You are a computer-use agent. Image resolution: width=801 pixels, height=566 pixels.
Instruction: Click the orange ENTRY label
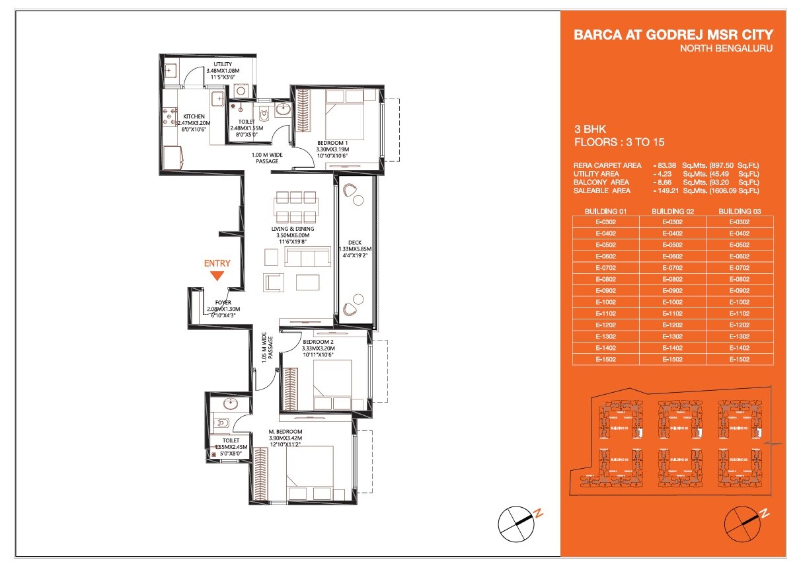[217, 263]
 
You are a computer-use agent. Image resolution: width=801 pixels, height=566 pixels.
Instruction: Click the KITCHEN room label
[194, 116]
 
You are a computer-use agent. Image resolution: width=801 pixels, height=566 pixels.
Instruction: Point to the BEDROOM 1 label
[332, 143]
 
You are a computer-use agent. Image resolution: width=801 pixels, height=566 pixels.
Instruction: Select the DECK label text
[355, 243]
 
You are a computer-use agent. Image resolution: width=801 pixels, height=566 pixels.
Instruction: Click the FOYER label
[223, 302]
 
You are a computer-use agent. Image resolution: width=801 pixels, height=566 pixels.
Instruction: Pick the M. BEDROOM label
[286, 432]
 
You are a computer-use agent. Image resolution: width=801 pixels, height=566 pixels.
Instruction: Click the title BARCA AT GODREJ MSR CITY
[673, 35]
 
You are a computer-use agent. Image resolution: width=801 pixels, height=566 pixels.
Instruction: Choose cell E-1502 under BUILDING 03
[740, 359]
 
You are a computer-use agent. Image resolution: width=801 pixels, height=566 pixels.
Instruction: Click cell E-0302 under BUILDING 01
[606, 222]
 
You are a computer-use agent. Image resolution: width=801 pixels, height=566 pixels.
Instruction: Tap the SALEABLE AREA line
[667, 190]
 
